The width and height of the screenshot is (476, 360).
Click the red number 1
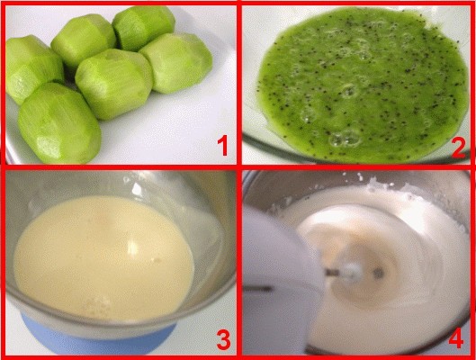pyautogui.click(x=223, y=146)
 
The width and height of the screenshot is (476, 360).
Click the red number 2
pyautogui.click(x=459, y=148)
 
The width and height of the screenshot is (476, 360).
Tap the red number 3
pyautogui.click(x=224, y=339)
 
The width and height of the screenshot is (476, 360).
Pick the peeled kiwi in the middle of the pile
pyautogui.click(x=114, y=84)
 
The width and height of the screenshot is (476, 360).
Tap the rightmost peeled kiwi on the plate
pyautogui.click(x=177, y=62)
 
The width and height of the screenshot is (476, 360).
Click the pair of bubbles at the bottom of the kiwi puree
pyautogui.click(x=346, y=139)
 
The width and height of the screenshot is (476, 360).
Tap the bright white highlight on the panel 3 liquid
pyautogui.click(x=132, y=247)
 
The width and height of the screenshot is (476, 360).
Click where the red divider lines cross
pyautogui.click(x=239, y=167)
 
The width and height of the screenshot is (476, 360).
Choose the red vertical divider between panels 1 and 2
pyautogui.click(x=239, y=83)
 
